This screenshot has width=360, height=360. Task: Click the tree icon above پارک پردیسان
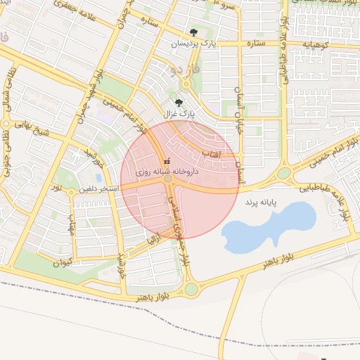[x=194, y=32]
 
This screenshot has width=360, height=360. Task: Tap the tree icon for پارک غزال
[x=178, y=101]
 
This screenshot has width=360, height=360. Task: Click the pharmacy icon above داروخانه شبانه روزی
[x=167, y=161]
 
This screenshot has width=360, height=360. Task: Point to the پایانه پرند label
[x=262, y=202]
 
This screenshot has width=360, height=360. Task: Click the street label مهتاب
[x=70, y=225]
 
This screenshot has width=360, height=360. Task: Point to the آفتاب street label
[x=211, y=153]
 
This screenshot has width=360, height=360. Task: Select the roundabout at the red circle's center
[x=169, y=180]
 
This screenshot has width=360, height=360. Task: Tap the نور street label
[x=56, y=189]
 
